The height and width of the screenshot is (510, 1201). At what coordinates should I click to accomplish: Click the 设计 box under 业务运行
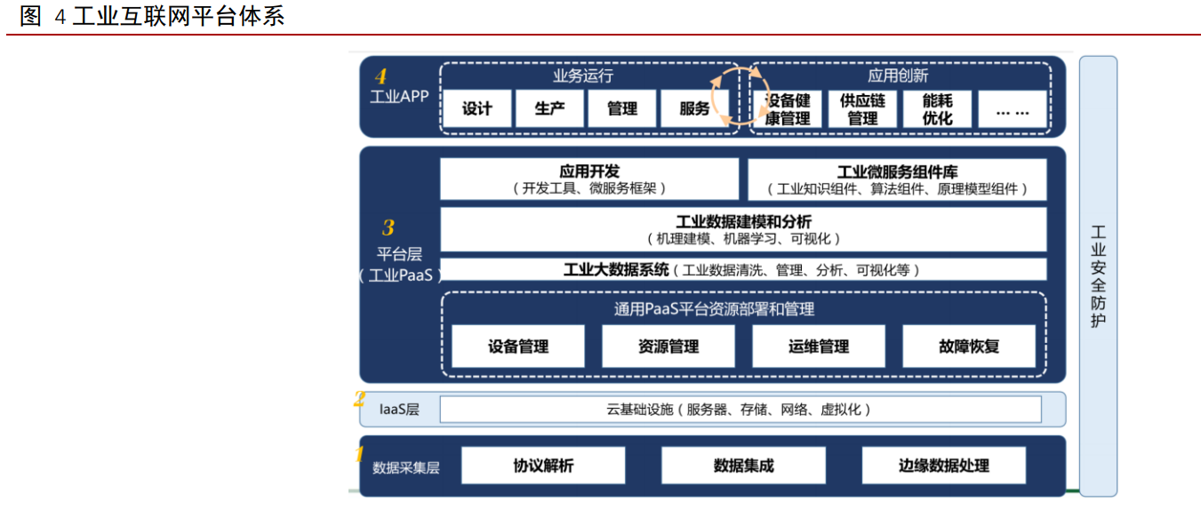tap(477, 109)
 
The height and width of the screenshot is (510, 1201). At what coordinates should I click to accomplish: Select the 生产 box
tap(549, 109)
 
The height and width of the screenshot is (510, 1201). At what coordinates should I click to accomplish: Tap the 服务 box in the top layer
tap(694, 109)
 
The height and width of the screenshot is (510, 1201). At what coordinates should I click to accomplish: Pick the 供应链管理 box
tap(862, 109)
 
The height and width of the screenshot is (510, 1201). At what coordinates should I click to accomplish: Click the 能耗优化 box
tap(937, 109)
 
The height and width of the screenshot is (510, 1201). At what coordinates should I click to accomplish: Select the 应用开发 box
tap(589, 179)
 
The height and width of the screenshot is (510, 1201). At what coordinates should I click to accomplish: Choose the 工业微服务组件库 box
tap(897, 179)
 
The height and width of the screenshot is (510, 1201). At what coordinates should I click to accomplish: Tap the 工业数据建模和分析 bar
tap(743, 229)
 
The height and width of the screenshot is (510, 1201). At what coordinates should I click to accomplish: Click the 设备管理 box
tap(518, 347)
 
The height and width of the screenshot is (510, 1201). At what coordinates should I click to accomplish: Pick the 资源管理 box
tap(669, 347)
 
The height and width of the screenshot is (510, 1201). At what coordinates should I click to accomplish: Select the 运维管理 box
tap(819, 347)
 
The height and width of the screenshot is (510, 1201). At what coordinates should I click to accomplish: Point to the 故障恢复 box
tap(969, 347)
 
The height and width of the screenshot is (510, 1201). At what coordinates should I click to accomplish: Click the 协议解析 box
tap(543, 466)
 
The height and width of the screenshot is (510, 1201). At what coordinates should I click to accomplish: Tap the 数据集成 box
tap(743, 466)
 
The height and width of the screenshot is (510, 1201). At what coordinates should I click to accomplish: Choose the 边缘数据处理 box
tap(943, 466)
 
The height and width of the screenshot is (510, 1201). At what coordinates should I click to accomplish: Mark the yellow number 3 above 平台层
tap(388, 228)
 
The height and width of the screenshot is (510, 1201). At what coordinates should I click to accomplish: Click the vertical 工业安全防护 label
tap(1099, 275)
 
